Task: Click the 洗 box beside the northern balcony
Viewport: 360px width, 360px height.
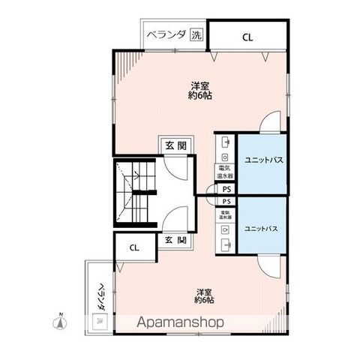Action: pos(195,34)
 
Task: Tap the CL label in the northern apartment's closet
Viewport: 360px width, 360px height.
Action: pos(247,35)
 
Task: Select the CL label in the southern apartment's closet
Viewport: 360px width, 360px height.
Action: pos(133,247)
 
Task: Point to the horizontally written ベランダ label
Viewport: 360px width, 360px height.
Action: pos(165,34)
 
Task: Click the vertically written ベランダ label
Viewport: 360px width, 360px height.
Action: pos(100,296)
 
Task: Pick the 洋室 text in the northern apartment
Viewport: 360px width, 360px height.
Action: pos(198,85)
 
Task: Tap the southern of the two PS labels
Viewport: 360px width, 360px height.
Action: pos(226,202)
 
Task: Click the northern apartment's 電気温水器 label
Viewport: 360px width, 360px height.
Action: pos(225,171)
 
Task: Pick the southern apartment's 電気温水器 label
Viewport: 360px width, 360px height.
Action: pos(225,215)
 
